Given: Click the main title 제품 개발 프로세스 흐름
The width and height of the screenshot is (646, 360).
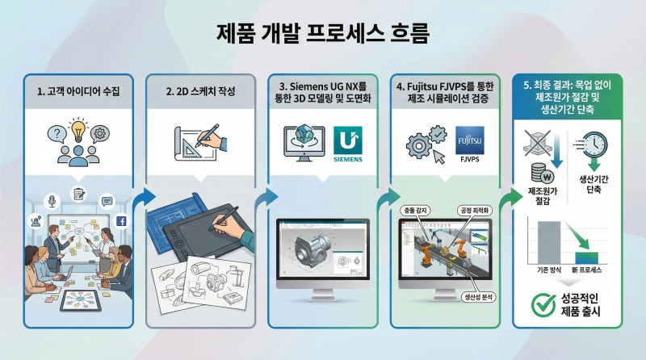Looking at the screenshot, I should [x=323, y=33].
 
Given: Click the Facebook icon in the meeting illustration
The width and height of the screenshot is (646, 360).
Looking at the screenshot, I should [x=123, y=221].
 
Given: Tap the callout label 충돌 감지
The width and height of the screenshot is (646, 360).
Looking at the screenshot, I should [x=414, y=209].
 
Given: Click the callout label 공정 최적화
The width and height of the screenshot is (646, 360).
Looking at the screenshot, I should [x=475, y=209].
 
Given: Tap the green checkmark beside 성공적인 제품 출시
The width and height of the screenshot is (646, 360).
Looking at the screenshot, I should [x=539, y=304].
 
